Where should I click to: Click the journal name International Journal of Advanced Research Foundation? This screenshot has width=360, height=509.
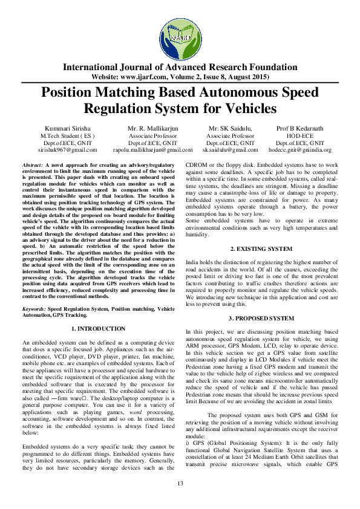click(180, 67)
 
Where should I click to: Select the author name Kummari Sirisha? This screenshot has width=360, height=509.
click(67, 129)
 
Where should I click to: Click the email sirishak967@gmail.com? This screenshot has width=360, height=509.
click(67, 149)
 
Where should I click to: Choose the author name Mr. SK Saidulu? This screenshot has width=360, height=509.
click(230, 129)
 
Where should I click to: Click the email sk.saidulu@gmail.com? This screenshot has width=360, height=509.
click(230, 149)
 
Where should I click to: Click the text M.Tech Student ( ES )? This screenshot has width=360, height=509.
click(67, 136)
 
